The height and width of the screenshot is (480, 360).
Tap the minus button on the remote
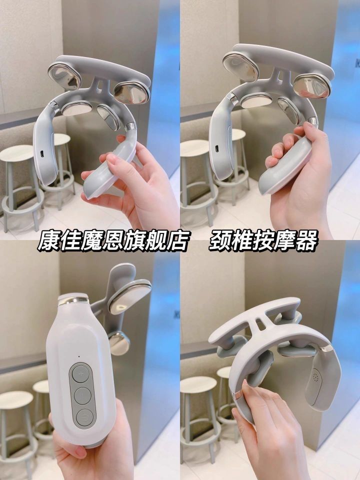[82, 396]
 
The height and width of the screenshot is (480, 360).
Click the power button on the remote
[84, 417]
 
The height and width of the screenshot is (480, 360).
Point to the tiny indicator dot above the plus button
[78, 356]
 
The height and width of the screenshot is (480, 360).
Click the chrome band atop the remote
[73, 299]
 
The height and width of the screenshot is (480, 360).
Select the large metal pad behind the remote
[129, 296]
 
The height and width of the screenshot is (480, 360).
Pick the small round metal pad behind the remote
[119, 343]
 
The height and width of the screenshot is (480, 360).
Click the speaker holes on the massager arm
[316, 378]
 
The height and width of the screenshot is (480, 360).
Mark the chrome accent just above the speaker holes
[327, 348]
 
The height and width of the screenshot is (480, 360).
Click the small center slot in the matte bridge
[260, 324]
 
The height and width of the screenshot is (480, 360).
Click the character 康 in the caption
[48, 241]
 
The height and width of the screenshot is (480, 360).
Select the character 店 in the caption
[176, 241]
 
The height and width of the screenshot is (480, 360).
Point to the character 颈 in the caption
[220, 241]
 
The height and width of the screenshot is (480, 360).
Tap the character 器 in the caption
[306, 241]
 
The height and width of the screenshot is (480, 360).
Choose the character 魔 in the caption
[91, 241]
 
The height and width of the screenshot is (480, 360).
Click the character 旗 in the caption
[134, 241]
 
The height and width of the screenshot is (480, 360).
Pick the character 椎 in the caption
[242, 241]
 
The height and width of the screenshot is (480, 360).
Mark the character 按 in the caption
[263, 241]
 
